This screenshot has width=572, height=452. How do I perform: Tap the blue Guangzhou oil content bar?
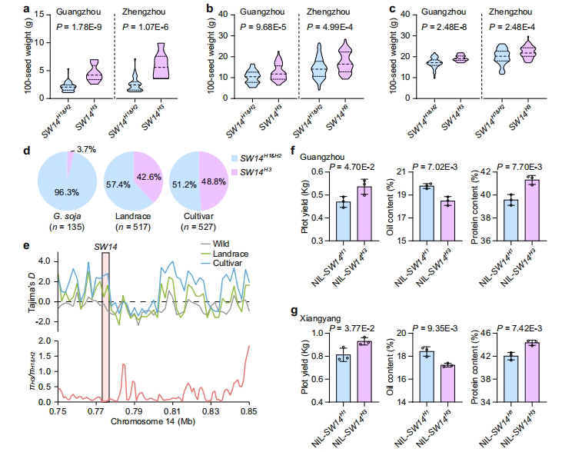(427, 212)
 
